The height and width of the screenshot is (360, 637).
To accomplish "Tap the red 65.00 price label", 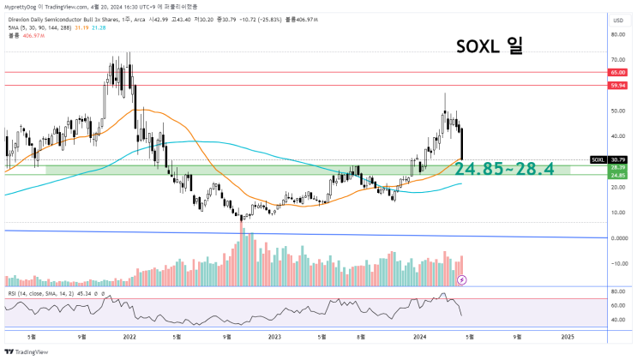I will click(x=618, y=74).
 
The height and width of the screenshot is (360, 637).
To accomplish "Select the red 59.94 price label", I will click(x=618, y=86).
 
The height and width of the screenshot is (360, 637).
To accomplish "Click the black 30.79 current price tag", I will click(x=618, y=159).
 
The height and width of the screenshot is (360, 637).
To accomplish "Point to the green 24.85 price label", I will click(x=618, y=176).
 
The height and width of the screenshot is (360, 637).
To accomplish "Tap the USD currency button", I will click(x=617, y=20).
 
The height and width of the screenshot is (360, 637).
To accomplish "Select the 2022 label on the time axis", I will click(x=130, y=335).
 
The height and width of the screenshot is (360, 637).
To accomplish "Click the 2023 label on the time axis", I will click(x=275, y=335).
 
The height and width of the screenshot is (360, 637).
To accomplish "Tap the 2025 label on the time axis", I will click(x=567, y=335).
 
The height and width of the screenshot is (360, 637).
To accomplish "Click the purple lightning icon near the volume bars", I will click(x=463, y=279).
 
